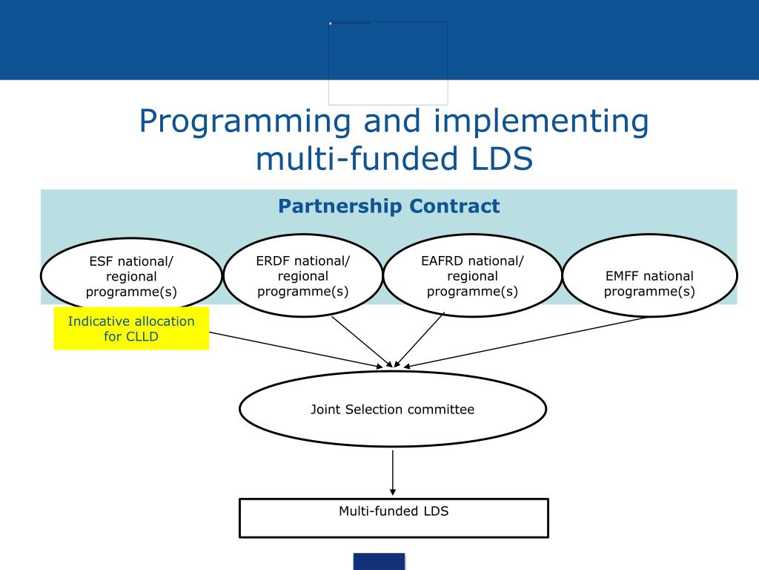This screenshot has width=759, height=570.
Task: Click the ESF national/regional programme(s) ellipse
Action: [131, 276]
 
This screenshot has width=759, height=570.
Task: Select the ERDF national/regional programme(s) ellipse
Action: [302, 275]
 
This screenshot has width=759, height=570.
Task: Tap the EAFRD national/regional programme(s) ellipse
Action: [472, 275]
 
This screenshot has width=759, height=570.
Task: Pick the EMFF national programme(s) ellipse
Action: [649, 276]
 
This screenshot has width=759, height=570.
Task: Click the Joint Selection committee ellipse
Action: [392, 410]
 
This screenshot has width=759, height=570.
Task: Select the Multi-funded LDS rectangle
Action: [394, 518]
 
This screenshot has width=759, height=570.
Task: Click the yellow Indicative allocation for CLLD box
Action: [131, 329]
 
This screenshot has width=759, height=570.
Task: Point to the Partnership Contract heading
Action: [389, 206]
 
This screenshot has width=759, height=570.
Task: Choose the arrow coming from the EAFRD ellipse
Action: [421, 338]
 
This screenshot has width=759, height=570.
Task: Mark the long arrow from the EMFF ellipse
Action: [526, 342]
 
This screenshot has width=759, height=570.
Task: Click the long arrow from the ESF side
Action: [296, 349]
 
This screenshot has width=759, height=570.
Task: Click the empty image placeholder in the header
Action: [388, 63]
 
